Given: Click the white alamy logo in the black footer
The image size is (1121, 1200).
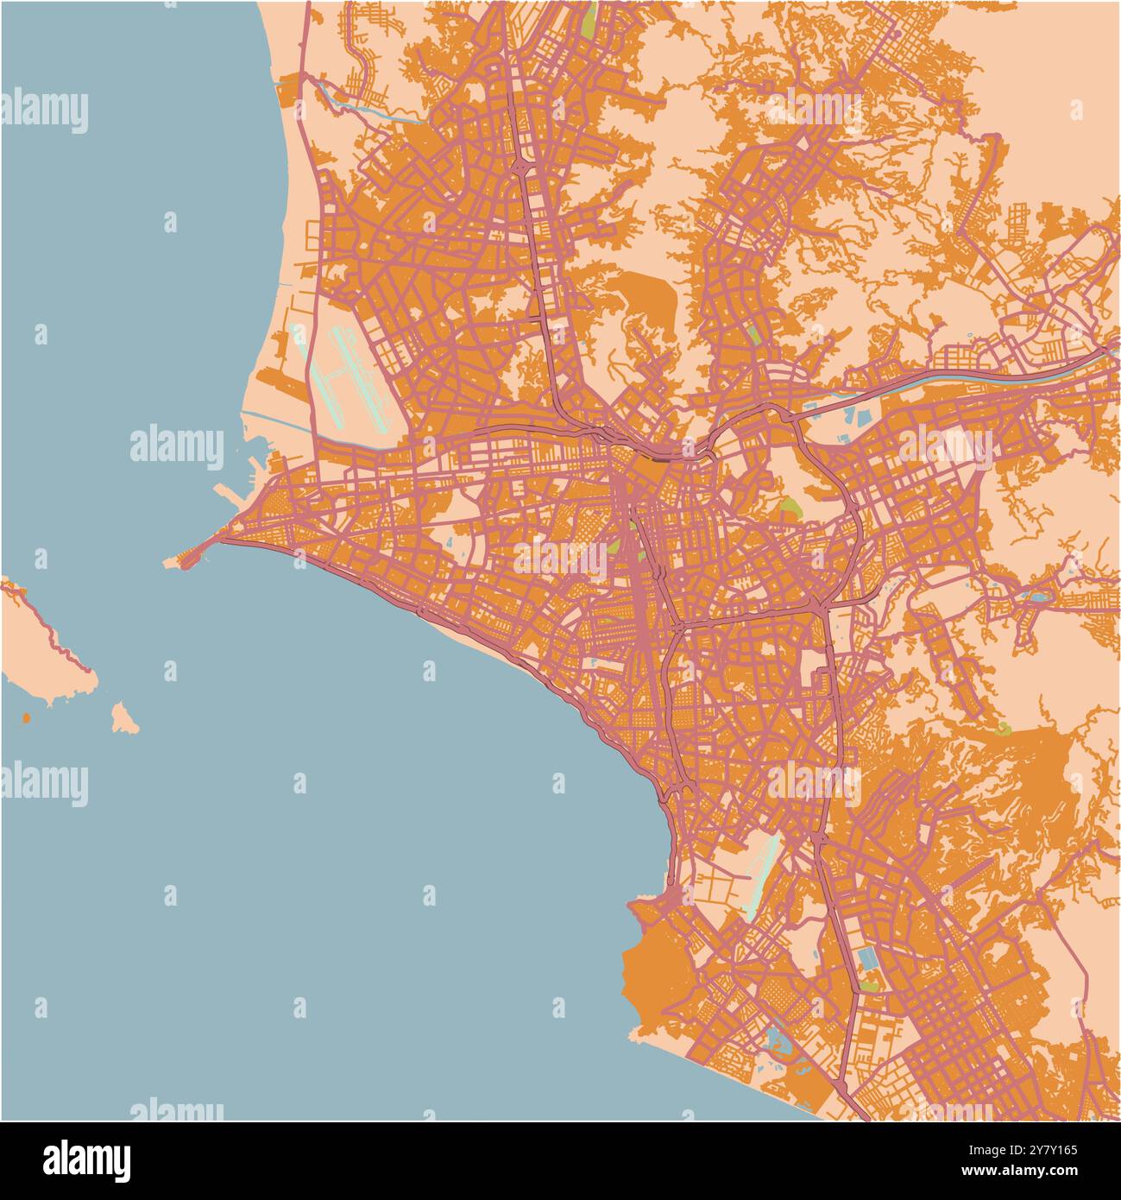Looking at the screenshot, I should [86, 1160].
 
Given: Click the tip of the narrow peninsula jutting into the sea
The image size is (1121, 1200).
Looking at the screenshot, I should [170, 562].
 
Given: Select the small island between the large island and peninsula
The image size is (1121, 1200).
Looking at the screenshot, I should [123, 718].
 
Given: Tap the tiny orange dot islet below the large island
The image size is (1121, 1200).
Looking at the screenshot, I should [26, 717].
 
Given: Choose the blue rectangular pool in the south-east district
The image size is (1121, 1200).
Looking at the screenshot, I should [866, 958].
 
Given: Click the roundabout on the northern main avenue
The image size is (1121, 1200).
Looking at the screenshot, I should [522, 164].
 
